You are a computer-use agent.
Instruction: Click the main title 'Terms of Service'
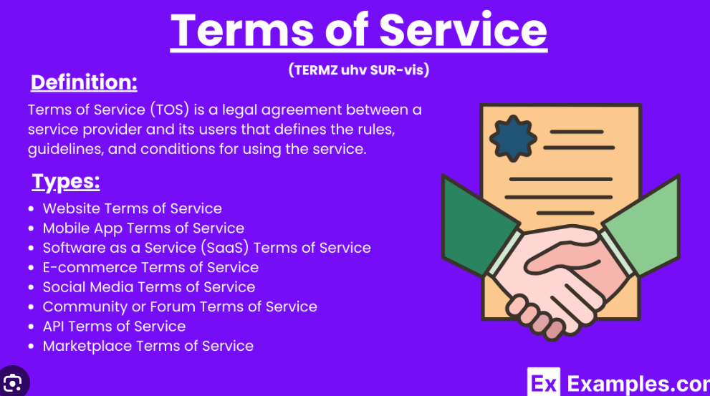[359, 30]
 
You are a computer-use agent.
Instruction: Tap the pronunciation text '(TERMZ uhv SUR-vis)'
[359, 69]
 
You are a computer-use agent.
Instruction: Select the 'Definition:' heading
[84, 82]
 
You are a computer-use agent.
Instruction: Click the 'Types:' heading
[66, 182]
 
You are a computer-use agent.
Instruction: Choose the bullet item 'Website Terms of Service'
[133, 208]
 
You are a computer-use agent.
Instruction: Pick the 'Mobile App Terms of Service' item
[143, 228]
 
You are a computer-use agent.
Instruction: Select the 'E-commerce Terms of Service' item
[150, 268]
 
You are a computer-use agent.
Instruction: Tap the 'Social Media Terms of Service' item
[149, 287]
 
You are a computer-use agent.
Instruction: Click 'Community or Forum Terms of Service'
[180, 306]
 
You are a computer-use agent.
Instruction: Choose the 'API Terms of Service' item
[114, 327]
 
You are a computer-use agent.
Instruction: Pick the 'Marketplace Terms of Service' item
[148, 346]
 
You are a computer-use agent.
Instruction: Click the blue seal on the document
[513, 138]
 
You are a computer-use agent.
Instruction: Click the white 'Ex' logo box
[543, 382]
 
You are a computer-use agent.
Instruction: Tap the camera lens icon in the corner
[13, 383]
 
